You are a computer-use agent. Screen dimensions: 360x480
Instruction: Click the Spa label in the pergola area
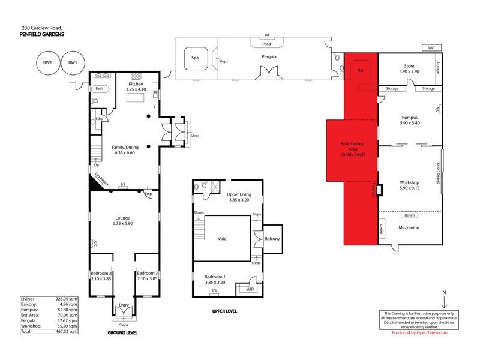click(194, 58)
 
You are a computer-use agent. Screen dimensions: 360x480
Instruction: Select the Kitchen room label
click(135, 84)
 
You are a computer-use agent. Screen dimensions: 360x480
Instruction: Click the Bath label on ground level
click(99, 89)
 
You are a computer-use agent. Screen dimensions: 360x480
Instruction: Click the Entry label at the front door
click(124, 305)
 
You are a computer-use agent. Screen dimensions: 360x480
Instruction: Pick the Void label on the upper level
click(223, 238)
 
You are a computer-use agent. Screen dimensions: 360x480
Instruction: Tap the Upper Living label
click(239, 195)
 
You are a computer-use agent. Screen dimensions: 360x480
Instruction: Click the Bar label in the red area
click(361, 71)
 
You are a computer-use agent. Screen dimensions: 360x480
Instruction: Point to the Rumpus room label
click(409, 118)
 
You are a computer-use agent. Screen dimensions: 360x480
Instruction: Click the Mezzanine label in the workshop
click(409, 228)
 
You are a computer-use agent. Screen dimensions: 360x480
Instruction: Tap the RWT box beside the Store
click(430, 48)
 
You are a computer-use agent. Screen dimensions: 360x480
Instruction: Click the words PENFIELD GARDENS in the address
click(42, 34)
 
